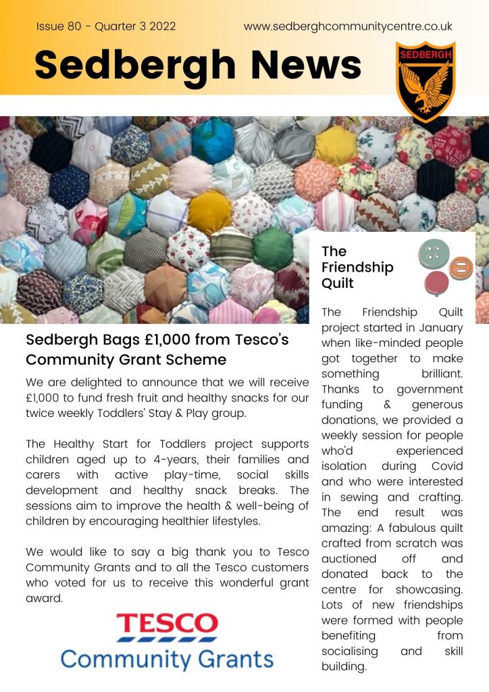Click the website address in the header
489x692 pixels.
(348, 27)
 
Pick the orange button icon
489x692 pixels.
(461, 268)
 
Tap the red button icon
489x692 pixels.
(436, 283)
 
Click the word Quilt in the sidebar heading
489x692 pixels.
(338, 283)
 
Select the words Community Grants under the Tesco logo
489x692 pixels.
(167, 658)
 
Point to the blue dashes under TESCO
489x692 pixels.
(167, 639)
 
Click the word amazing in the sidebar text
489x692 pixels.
(344, 528)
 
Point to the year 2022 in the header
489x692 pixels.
(162, 27)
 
